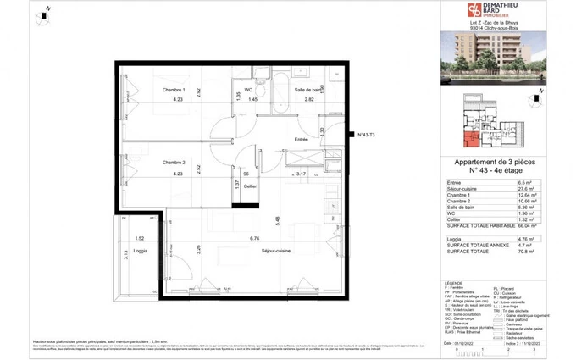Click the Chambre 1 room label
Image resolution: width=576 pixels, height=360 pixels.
coord(174,89)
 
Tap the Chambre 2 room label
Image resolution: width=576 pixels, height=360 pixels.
coord(174,162)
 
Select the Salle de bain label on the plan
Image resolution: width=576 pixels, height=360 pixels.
coord(310,89)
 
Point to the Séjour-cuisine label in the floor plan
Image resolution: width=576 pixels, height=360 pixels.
coord(276,263)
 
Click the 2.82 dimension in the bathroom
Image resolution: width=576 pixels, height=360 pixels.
coord(310,100)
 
